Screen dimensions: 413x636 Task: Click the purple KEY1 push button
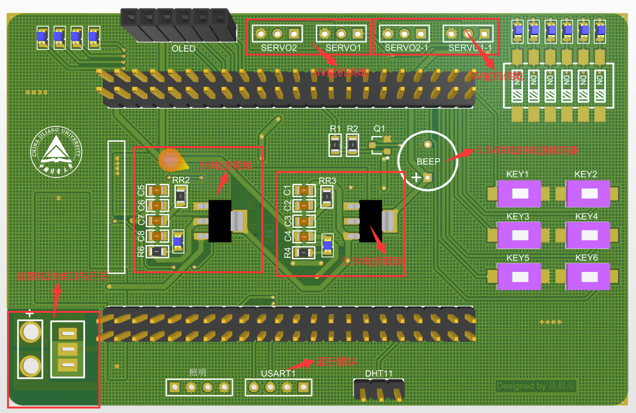(519, 194)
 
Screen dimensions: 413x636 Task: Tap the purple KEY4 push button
(587, 235)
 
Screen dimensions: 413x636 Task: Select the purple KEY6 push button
(587, 276)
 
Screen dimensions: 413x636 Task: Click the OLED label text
(183, 49)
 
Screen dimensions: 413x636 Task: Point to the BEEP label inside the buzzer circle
(428, 161)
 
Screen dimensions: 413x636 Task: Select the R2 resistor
(352, 146)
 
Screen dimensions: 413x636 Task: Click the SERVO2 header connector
(278, 33)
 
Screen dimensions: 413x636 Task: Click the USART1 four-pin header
(279, 387)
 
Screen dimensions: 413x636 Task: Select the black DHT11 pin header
(379, 389)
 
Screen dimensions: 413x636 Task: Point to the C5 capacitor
(157, 190)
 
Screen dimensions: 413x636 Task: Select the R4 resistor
(304, 252)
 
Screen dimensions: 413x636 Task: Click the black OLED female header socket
(176, 25)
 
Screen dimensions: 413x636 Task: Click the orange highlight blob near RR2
(169, 160)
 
